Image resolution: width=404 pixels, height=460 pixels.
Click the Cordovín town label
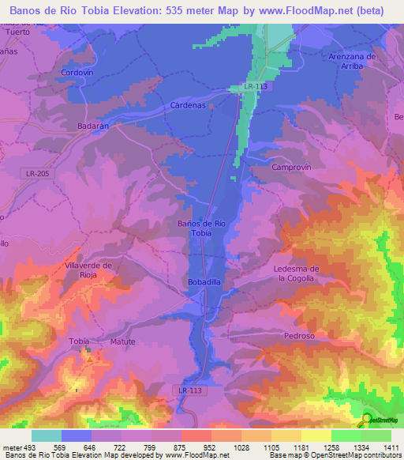[x=77, y=72]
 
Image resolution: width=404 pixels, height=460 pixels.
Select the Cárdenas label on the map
[x=188, y=104]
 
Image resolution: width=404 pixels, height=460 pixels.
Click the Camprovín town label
[x=293, y=168]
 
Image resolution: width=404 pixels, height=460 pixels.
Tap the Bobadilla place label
[x=204, y=281]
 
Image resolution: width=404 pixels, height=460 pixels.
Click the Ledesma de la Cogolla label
[x=295, y=273]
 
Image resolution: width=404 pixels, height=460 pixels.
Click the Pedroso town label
[x=299, y=336]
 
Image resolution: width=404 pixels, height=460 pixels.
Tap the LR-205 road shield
[x=36, y=172]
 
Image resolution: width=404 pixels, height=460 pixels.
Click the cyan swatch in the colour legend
[x=47, y=435]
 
